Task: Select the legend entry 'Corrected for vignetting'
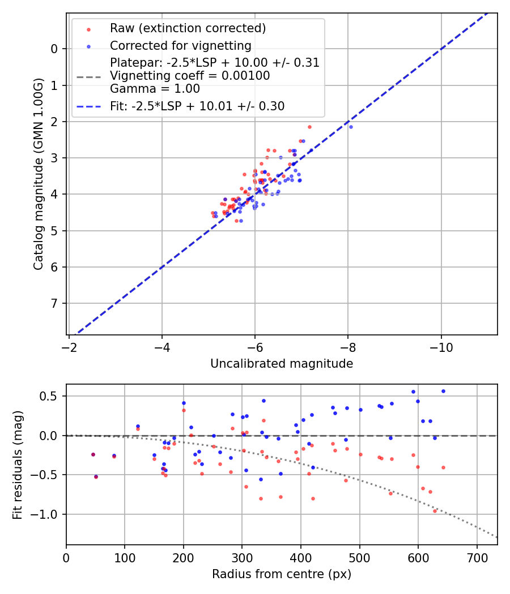[180, 45]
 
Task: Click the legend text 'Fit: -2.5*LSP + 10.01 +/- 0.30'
[197, 106]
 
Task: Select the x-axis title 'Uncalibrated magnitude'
[282, 364]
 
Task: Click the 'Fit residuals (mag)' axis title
[18, 465]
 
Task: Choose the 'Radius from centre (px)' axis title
[282, 574]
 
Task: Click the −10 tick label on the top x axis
[441, 346]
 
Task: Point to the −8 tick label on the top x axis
[348, 346]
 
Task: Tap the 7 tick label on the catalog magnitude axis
[54, 304]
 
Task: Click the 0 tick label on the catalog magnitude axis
[54, 49]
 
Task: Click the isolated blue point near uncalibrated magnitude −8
[351, 127]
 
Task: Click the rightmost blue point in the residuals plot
[443, 391]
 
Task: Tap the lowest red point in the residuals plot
[435, 511]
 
